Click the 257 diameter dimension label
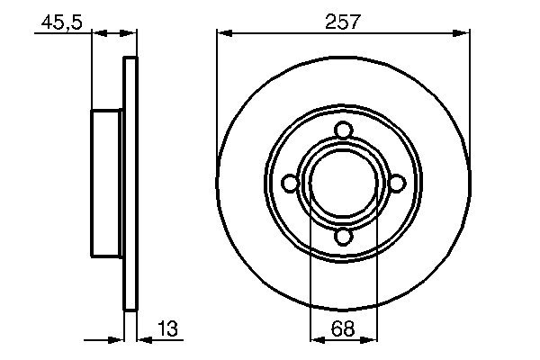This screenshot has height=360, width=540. pos(343,22)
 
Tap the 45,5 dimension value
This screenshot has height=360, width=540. pos(61,22)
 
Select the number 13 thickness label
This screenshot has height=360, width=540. pos(167,328)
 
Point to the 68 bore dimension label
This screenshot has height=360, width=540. pos(343,328)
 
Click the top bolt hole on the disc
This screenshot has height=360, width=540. pos(344,130)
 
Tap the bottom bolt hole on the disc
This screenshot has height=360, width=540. pos(344,237)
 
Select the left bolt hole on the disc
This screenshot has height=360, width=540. pos(290,183)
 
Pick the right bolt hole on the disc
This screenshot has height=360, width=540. pos(397,183)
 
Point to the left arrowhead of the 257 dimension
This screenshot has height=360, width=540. pos(224,33)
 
